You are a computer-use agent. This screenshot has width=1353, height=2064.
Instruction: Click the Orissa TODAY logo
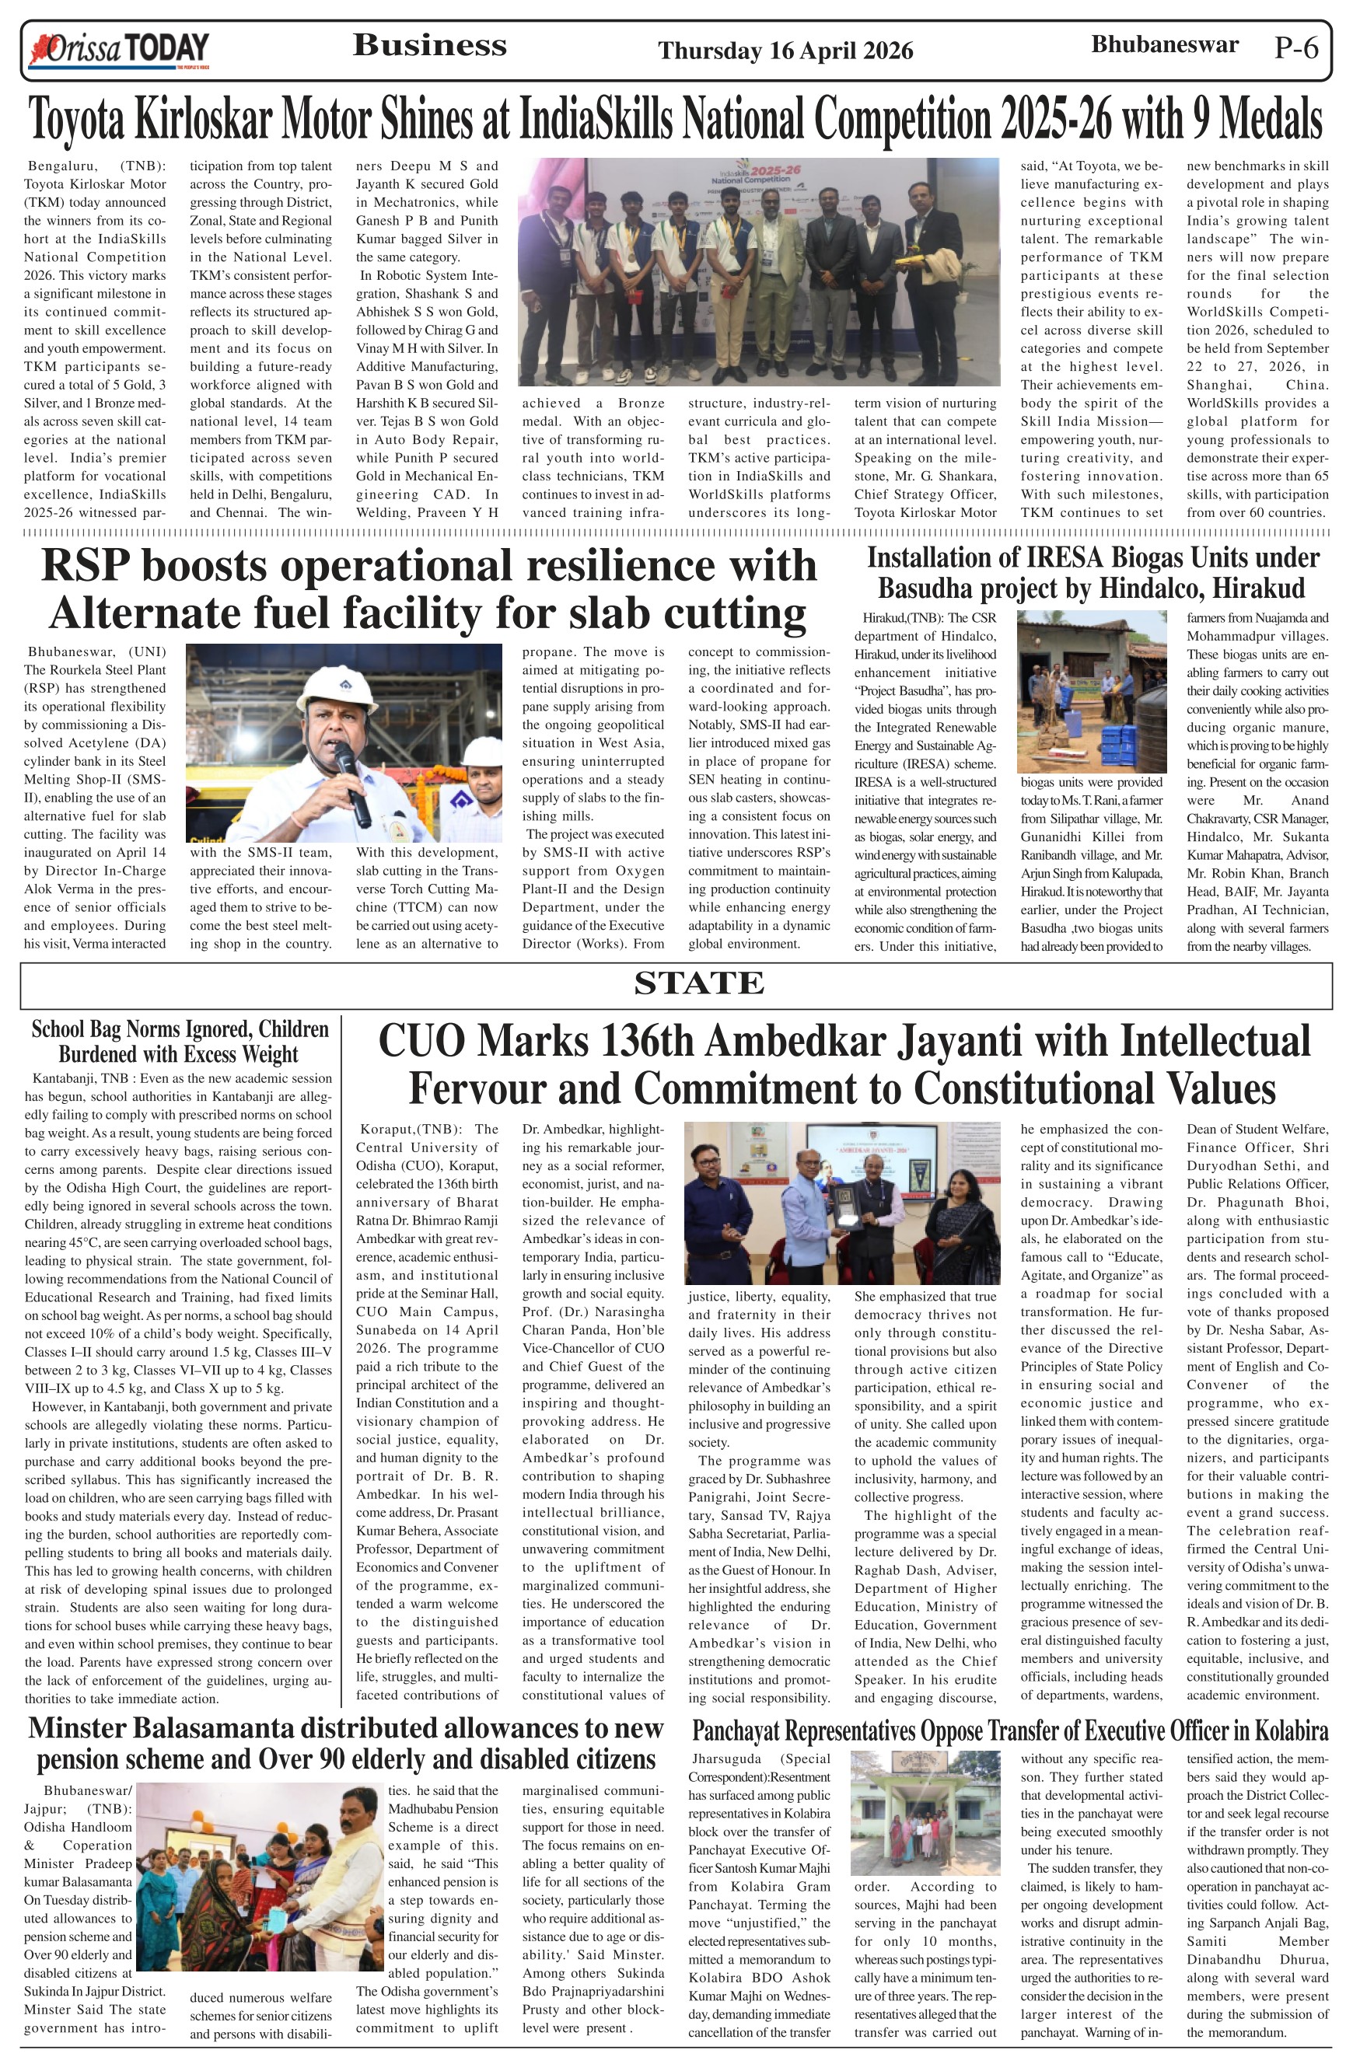point(120,51)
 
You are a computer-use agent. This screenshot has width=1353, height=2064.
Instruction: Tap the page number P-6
point(1295,48)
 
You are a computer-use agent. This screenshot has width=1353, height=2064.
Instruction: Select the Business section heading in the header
point(429,45)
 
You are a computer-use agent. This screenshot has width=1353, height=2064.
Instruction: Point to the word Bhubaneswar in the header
point(1164,44)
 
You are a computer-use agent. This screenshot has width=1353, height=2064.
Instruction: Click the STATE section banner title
point(698,983)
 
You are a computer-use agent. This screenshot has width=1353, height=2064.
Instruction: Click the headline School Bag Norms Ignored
point(180,1042)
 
